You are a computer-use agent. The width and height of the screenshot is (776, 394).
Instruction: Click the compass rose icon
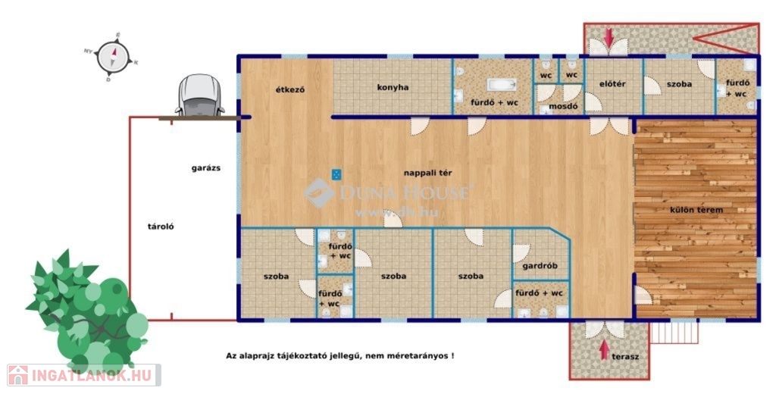click(x=112, y=57)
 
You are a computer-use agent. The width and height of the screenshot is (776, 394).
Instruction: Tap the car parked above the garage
click(x=200, y=95)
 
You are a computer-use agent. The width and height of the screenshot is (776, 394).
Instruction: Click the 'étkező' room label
click(x=290, y=89)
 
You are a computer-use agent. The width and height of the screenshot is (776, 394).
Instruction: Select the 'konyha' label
click(x=393, y=88)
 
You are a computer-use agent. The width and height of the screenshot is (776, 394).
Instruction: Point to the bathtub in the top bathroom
click(x=502, y=85)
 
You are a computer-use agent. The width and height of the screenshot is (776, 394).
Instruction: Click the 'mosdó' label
click(x=563, y=106)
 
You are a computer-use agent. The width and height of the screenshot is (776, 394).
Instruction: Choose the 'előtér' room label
click(x=612, y=84)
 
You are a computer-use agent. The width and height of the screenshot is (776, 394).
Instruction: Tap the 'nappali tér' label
click(x=427, y=173)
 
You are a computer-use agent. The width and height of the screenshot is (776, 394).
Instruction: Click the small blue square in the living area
click(x=336, y=174)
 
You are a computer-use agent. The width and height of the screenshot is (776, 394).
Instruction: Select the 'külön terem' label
click(x=696, y=210)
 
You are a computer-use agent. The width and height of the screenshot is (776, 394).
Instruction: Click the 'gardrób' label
click(x=540, y=266)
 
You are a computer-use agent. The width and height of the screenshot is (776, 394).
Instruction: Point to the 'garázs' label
click(x=206, y=168)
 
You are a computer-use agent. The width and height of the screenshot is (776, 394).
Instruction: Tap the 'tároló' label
click(x=161, y=227)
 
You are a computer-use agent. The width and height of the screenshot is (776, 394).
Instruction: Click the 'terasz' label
click(x=625, y=356)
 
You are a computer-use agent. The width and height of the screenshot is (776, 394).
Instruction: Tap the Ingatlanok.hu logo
click(x=83, y=375)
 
